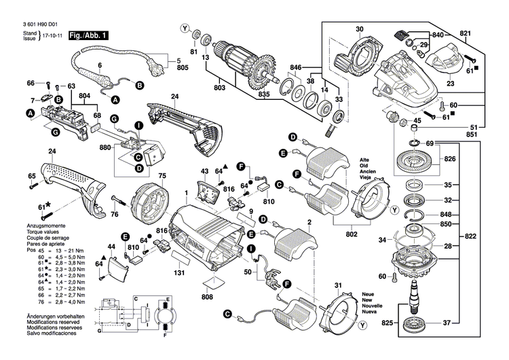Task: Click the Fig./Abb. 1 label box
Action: pos(88,35)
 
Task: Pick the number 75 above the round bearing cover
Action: pos(162,176)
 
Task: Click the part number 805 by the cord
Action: pos(182,68)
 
